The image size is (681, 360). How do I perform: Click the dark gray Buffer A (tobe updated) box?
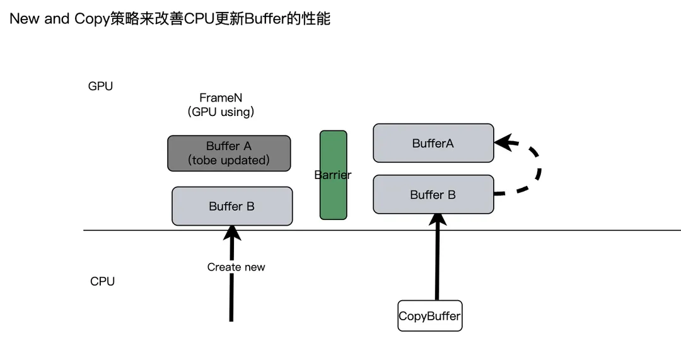tap(229, 153)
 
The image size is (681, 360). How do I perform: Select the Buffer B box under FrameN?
tap(232, 206)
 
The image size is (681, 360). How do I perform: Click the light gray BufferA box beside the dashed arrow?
tap(433, 143)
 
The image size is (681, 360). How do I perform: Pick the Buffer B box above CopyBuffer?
tap(433, 195)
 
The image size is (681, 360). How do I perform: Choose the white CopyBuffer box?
tap(429, 316)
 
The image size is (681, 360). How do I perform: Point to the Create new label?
tap(236, 267)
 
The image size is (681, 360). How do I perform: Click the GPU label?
tap(100, 86)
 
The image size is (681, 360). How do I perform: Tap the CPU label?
tap(102, 281)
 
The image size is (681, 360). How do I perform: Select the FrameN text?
tap(221, 98)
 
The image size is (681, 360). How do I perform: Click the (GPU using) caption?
tap(221, 112)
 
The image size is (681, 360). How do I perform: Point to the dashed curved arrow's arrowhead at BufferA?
tap(503, 141)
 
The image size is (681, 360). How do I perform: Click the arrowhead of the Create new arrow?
tap(232, 233)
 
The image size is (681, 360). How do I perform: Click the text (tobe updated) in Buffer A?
tap(229, 160)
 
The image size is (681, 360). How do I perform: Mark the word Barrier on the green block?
tap(333, 175)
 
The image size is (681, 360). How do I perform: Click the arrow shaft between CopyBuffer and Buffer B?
tap(436, 265)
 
